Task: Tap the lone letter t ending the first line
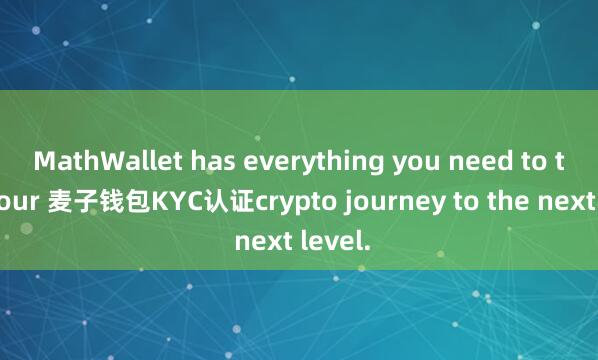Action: (x=563, y=160)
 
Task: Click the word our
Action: (x=18, y=201)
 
